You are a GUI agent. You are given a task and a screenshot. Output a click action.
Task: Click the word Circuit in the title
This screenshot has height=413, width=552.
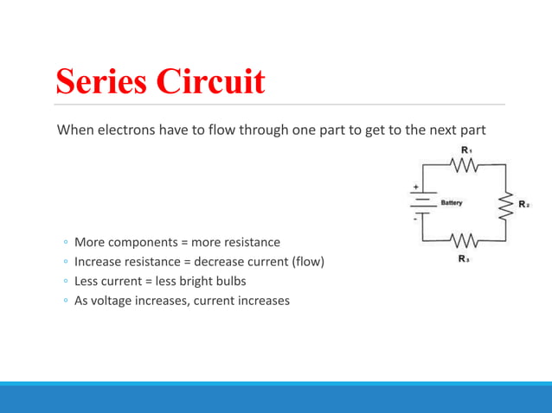click(211, 81)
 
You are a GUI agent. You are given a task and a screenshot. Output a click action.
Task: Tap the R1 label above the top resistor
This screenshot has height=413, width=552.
click(465, 151)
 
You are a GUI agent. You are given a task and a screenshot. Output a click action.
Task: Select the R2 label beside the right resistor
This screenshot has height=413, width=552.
click(523, 205)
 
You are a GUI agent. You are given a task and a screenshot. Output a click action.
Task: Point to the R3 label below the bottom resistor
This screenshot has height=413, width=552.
click(465, 258)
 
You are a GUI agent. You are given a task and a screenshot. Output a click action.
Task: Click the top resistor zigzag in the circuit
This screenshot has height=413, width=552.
click(465, 166)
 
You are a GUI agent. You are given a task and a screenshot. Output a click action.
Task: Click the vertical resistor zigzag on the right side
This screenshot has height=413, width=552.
click(506, 206)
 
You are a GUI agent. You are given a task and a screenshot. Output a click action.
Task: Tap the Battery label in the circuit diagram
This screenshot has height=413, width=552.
click(452, 203)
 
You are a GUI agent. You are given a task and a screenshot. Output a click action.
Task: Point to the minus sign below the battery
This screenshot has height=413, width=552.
click(415, 220)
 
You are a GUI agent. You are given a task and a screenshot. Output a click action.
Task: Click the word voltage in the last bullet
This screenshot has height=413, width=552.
click(116, 301)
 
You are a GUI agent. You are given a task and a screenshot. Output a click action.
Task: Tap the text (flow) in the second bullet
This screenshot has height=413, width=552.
click(307, 261)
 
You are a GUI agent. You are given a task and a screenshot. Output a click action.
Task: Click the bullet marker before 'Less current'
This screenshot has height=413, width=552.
click(65, 282)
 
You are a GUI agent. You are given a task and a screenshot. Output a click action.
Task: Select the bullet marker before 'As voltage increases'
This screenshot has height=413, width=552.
click(65, 302)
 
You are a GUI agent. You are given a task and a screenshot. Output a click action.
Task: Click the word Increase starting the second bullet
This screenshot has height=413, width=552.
click(99, 261)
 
